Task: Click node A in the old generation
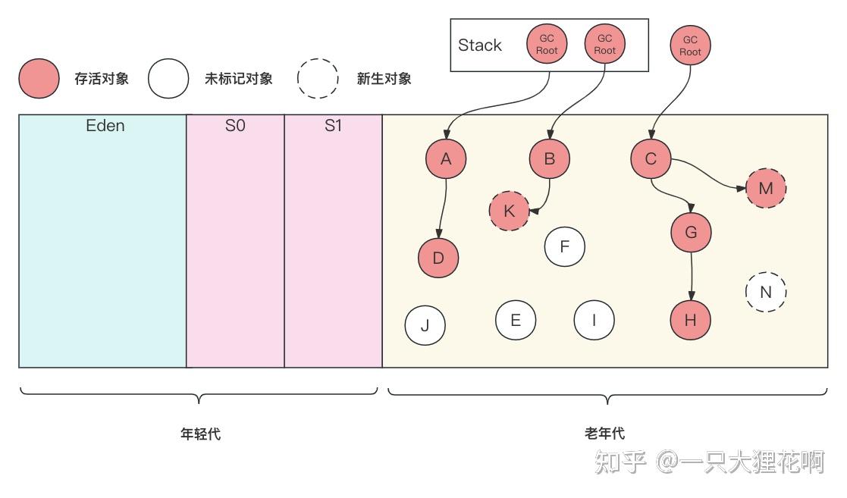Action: tap(446, 158)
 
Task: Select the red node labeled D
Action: tap(438, 258)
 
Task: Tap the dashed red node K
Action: tap(510, 211)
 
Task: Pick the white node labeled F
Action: tap(565, 246)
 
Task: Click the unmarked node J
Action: tap(425, 325)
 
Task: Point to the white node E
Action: tap(516, 320)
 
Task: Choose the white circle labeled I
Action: tap(594, 320)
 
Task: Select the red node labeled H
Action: tap(690, 320)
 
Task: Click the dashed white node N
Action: tap(766, 292)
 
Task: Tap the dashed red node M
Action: tap(766, 188)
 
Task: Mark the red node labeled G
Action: tap(691, 232)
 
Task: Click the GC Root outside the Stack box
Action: tap(690, 45)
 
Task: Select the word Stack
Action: tap(480, 45)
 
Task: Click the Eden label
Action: tap(105, 126)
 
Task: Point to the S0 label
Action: tap(235, 126)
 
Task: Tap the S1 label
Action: tap(333, 126)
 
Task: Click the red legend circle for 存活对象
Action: tap(39, 78)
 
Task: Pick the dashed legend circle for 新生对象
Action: tap(318, 78)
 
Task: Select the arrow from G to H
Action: tap(691, 274)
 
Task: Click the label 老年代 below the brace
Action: tap(605, 434)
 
